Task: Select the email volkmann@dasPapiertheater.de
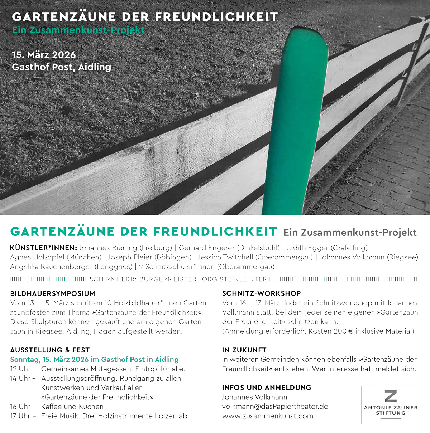275,407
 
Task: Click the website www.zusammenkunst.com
267,416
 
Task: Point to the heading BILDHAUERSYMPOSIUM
53,293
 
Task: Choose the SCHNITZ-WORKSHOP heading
261,293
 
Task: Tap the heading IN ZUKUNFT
244,350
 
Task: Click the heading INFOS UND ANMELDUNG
267,388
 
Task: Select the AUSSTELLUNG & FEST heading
50,350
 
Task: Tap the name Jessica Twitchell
225,257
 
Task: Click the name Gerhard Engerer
207,248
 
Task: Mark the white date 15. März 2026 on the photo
44,55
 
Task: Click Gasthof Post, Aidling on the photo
61,67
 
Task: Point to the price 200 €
343,331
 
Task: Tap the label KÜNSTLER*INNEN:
43,248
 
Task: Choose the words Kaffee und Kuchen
72,407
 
